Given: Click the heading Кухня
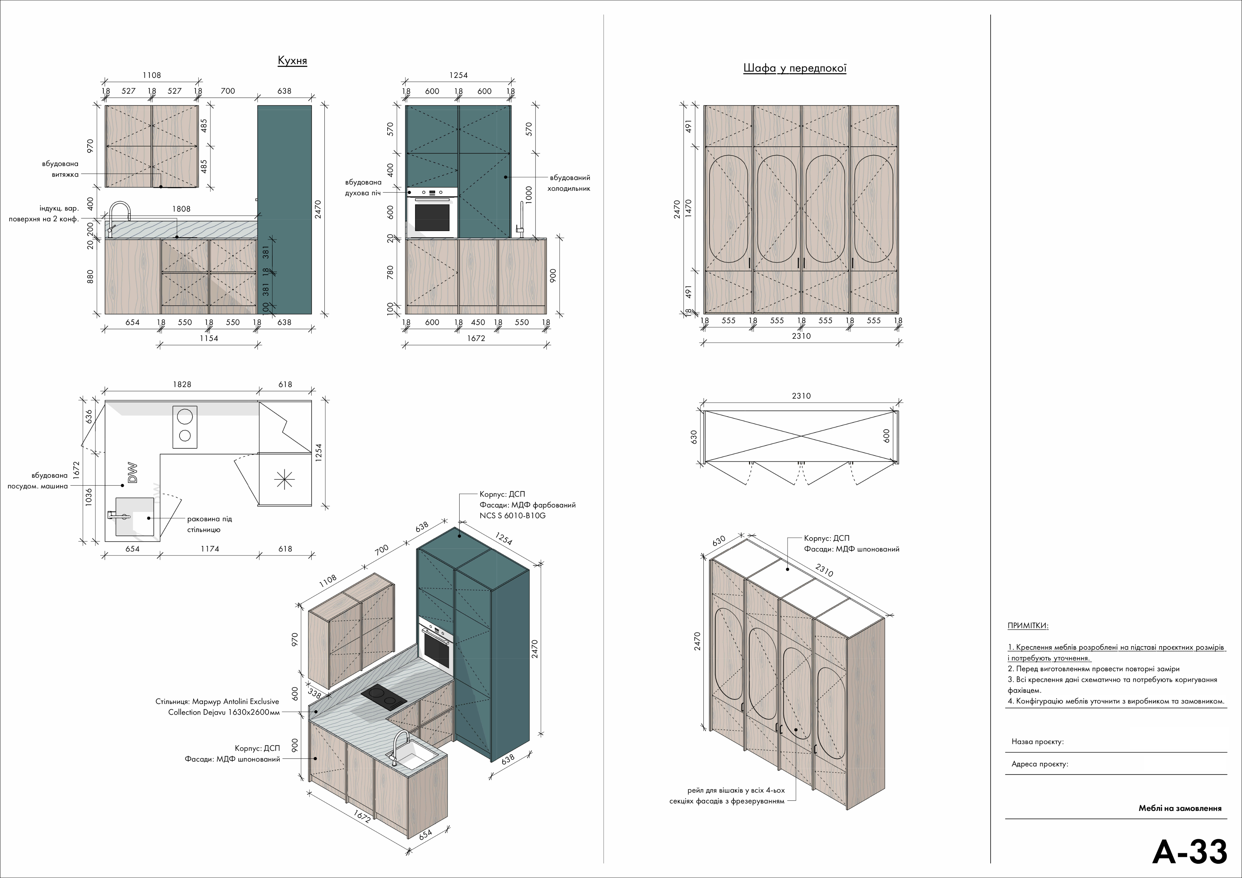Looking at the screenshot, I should click(x=292, y=61).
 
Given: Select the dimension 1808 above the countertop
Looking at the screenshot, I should click(x=181, y=209).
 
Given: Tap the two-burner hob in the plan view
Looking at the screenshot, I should click(x=184, y=427).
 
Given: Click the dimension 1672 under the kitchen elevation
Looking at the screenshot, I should click(x=476, y=338).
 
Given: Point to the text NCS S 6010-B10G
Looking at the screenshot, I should click(x=512, y=515).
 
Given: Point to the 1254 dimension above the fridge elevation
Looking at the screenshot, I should click(x=458, y=75).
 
